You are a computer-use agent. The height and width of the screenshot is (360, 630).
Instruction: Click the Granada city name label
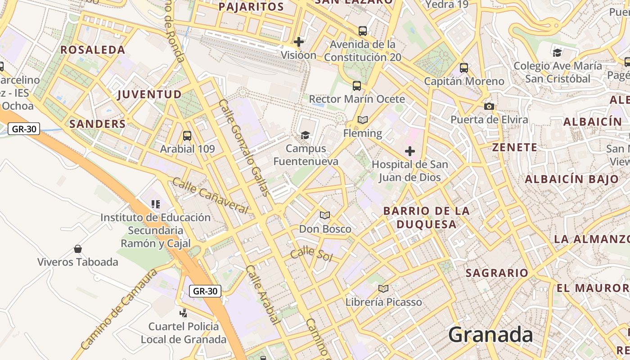[x=490, y=335]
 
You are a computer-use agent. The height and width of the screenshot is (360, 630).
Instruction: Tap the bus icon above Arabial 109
[x=187, y=135]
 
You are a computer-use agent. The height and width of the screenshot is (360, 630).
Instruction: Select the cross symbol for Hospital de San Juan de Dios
[x=410, y=151]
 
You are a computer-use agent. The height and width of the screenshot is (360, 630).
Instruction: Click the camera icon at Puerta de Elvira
[x=489, y=107]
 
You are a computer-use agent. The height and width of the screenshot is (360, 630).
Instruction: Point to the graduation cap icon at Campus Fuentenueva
[x=306, y=135]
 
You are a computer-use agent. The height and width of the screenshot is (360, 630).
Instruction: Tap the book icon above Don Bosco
[x=325, y=216]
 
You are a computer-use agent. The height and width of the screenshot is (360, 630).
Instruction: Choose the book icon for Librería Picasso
[x=383, y=288]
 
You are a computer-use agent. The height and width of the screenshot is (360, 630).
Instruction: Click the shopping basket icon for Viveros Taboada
[x=78, y=249]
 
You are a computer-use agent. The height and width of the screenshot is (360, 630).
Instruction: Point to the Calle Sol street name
[x=311, y=254]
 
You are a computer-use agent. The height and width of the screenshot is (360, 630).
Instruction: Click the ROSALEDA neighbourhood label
[x=93, y=50]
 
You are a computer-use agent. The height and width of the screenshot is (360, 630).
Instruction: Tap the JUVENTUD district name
[x=149, y=94]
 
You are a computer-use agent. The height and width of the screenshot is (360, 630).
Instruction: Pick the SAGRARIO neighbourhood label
[x=497, y=273]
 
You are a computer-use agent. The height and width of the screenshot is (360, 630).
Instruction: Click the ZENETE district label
[x=515, y=148]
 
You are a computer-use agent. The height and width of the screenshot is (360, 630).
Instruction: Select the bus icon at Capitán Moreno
[x=464, y=68]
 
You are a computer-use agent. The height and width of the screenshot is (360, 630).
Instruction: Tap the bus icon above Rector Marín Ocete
[x=357, y=85]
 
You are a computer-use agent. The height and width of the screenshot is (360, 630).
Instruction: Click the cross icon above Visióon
[x=298, y=42]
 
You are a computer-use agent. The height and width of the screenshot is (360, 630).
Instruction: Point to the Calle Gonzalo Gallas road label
[x=244, y=148]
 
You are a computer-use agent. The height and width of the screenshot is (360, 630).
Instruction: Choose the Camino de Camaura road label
[x=119, y=310]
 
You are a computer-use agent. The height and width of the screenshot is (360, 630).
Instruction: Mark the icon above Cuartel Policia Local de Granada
[x=184, y=313]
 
